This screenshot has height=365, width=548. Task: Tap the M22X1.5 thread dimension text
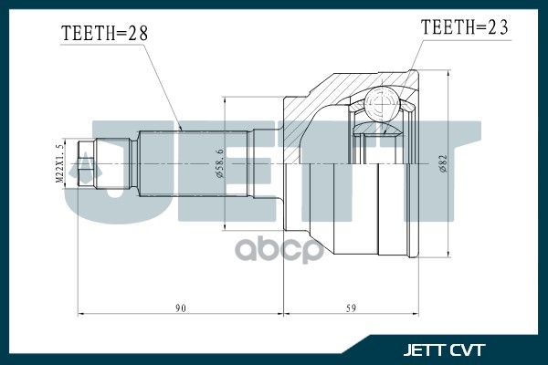point(61,163)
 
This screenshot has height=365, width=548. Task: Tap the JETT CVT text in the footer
point(444,349)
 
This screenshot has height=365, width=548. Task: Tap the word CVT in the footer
point(469,349)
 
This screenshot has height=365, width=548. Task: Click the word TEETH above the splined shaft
point(88,34)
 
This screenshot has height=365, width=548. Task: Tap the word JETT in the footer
point(425,349)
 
